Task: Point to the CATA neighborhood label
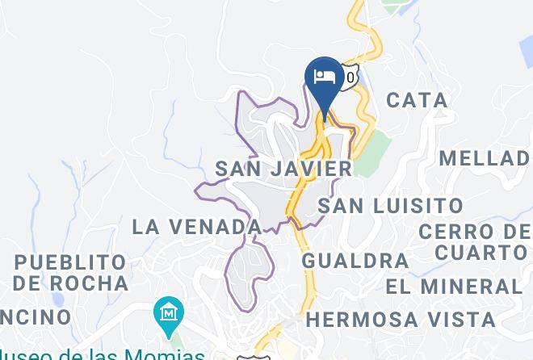tap(417, 100)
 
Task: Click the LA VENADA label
tap(196, 227)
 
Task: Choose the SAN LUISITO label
tap(390, 206)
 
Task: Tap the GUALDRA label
tap(355, 261)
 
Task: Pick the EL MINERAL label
tap(454, 287)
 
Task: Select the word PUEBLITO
tap(70, 262)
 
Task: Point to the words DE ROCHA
tap(70, 283)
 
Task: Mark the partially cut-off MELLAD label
tap(485, 157)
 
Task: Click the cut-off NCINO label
tap(36, 316)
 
